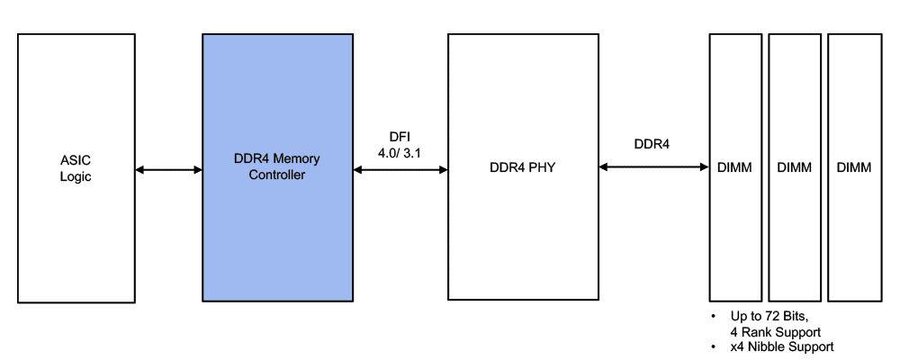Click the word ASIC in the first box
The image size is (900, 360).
coord(76,161)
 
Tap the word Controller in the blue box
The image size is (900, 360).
coord(277,175)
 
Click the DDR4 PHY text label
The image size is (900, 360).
coord(524,167)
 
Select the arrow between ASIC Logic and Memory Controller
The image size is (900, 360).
coord(168,168)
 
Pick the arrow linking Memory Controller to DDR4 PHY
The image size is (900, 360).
coord(400,168)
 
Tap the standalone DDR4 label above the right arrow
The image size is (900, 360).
coord(652,143)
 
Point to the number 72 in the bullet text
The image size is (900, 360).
coord(772,318)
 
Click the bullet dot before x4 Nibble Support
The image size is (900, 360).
coord(714,346)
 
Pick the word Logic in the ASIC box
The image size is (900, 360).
coord(76,176)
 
